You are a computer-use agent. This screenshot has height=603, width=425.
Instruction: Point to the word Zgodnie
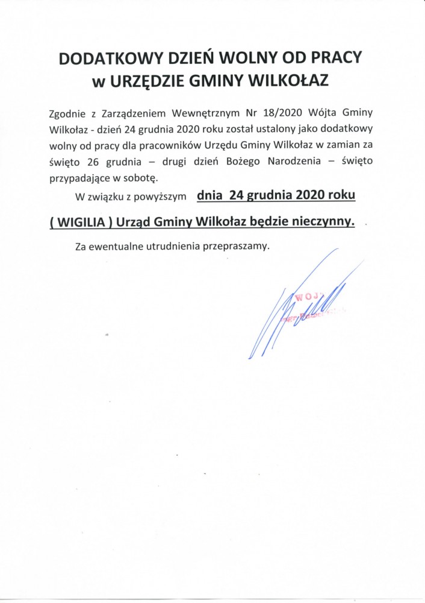(69, 113)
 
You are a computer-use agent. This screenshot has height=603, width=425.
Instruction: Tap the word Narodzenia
(309, 162)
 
